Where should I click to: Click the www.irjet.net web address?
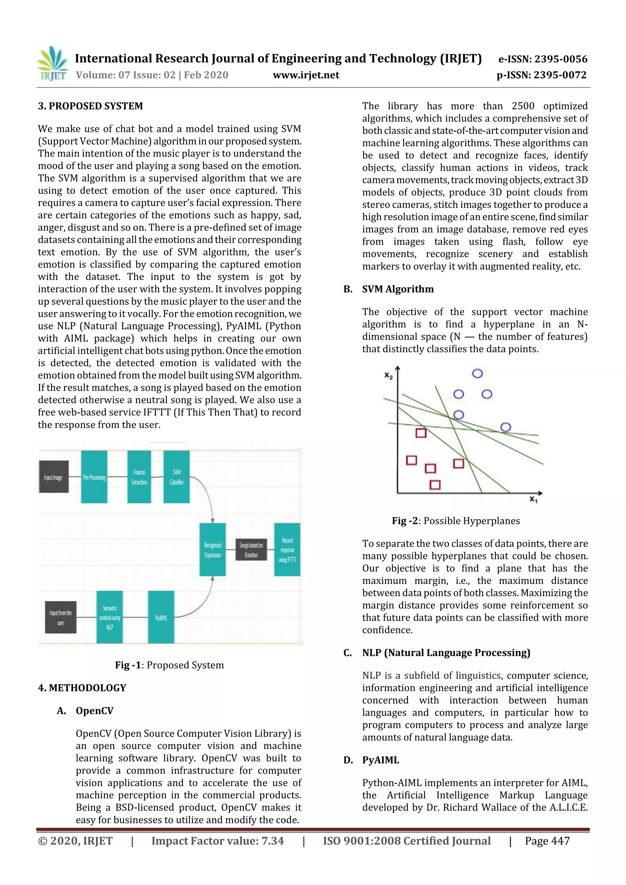pos(306,75)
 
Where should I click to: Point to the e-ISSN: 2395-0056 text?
pos(543,59)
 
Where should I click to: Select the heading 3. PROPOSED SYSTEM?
pos(90,106)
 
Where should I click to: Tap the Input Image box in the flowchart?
pos(53,477)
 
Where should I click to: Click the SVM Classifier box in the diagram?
pos(176,477)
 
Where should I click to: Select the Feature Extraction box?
pos(139,477)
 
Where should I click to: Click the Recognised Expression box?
pos(212,550)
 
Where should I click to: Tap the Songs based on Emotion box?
pos(251,550)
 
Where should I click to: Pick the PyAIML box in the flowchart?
pos(161,617)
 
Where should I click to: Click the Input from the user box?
pos(61,617)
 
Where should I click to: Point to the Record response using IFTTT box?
pos(287,550)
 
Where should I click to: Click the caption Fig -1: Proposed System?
pos(169,665)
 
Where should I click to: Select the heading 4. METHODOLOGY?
pos(82,688)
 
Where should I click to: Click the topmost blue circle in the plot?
pos(477,374)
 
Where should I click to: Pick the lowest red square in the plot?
pos(435,485)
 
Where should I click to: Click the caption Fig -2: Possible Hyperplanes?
pos(455,521)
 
